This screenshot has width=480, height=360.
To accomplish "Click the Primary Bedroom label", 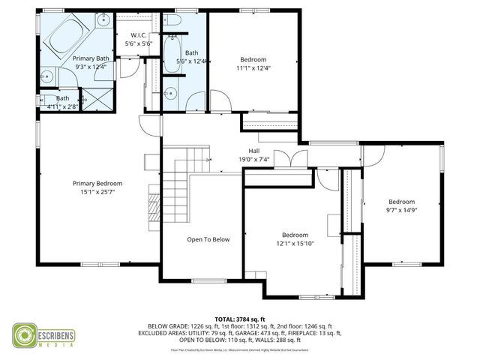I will click(97, 183).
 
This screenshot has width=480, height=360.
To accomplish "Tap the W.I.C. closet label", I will click(139, 35).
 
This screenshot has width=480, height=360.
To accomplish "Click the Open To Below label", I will click(208, 239).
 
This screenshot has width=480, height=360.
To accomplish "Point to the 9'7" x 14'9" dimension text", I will click(401, 211).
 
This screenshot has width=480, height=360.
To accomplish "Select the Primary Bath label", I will click(90, 58).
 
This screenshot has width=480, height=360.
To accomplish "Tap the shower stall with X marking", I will click(87, 97).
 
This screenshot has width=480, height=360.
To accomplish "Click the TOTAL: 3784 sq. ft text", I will click(240, 319).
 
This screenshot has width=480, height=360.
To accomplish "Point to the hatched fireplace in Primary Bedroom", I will click(154, 204).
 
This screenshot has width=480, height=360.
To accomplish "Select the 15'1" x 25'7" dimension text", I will click(97, 192).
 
